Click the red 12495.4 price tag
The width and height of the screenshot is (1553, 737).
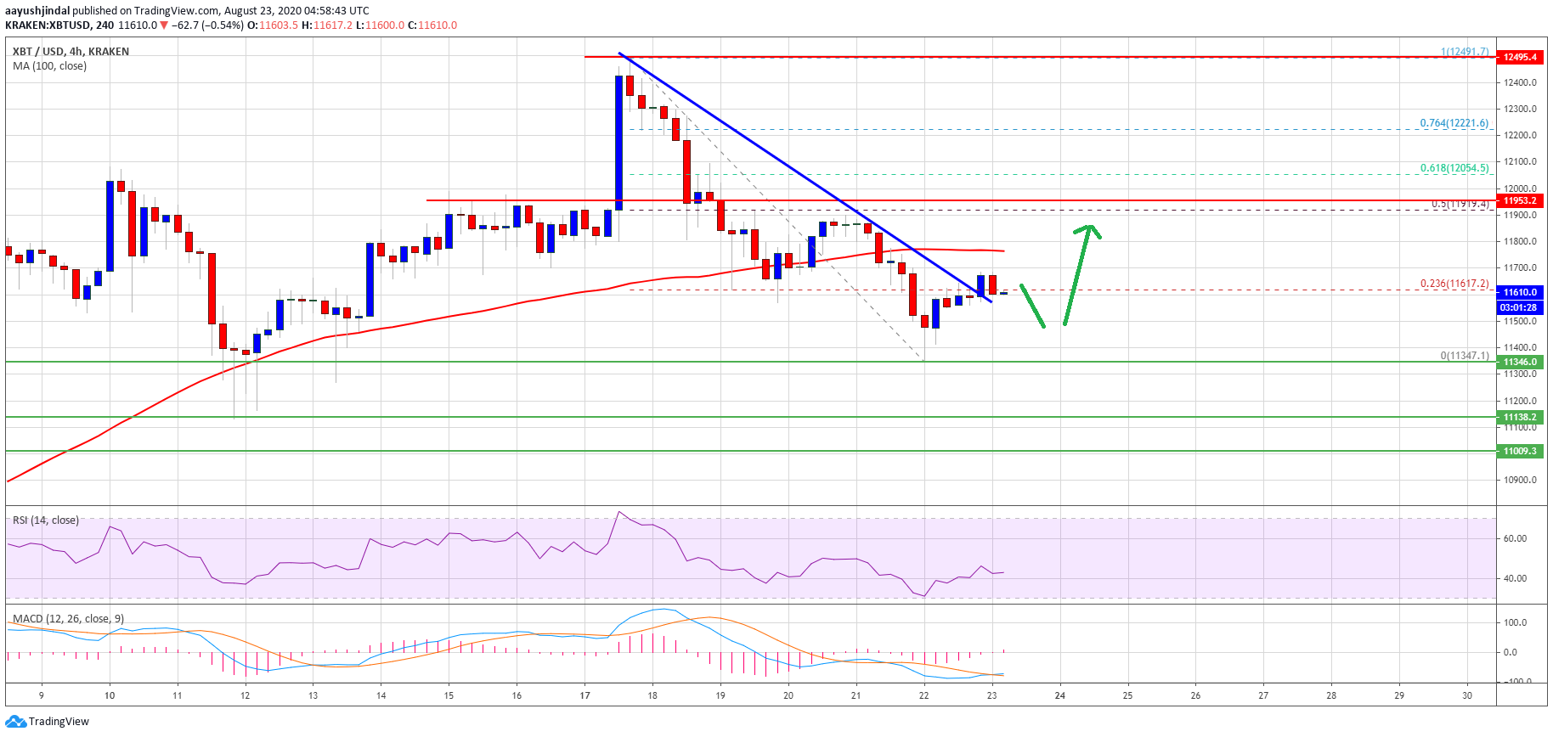click(1519, 57)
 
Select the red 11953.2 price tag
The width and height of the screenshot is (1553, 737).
click(1519, 200)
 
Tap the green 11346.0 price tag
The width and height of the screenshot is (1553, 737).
click(1519, 362)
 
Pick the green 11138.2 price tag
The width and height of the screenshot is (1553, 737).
click(1519, 417)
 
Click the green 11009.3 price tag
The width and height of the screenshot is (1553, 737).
click(1519, 451)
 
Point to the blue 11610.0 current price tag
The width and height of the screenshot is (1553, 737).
click(1519, 291)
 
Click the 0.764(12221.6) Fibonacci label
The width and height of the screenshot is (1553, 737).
click(1454, 123)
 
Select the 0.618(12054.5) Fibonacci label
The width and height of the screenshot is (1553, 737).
click(1454, 168)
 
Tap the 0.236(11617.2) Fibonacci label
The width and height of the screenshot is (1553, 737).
click(1454, 284)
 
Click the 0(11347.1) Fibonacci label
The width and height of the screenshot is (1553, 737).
click(1464, 356)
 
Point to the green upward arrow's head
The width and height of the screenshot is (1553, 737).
click(1088, 228)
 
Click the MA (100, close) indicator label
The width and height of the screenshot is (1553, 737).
click(49, 66)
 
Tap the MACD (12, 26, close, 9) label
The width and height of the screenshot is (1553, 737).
click(68, 619)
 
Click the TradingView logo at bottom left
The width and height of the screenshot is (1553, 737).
click(47, 722)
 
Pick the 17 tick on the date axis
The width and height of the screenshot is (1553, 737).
click(584, 695)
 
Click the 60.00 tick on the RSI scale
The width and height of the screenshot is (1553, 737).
click(1515, 538)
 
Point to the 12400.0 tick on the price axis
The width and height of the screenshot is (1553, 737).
click(1519, 82)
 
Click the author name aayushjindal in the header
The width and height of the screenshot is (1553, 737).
click(37, 11)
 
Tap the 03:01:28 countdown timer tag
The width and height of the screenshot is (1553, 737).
click(1519, 307)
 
